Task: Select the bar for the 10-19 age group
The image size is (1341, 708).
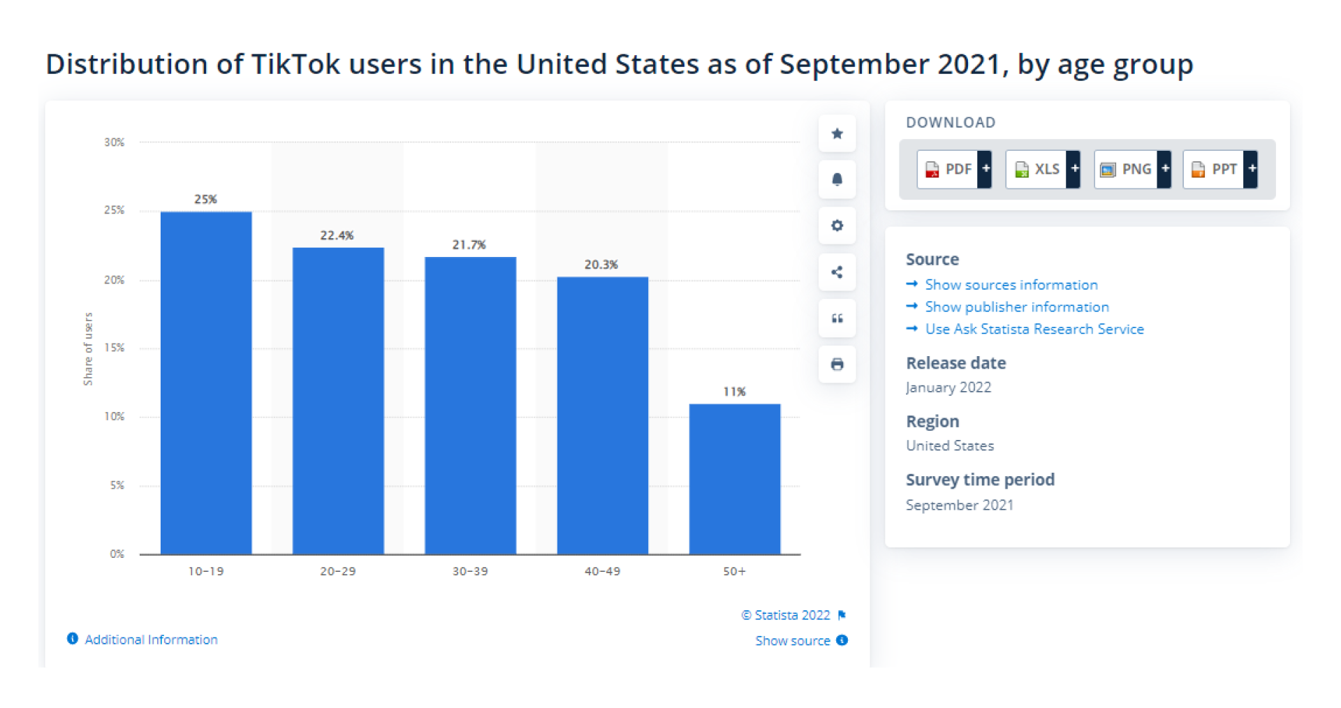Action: click(206, 383)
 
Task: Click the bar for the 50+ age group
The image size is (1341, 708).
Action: click(735, 479)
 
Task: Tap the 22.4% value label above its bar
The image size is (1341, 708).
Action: click(337, 235)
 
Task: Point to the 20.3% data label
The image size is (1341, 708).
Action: click(601, 265)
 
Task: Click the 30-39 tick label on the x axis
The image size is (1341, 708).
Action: click(470, 571)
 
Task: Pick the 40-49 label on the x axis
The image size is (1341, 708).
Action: click(602, 571)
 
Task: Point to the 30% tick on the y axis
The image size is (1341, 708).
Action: click(115, 142)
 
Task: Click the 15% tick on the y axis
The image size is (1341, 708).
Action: click(115, 348)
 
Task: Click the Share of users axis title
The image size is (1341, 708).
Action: click(88, 348)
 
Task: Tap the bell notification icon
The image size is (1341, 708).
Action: click(837, 179)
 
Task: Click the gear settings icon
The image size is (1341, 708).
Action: click(837, 226)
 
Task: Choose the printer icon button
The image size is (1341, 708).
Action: click(837, 364)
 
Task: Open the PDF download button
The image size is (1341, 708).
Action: click(953, 169)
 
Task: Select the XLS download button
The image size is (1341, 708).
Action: click(1042, 169)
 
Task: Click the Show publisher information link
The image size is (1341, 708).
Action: click(1016, 307)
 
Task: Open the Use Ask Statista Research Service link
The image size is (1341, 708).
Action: click(1034, 329)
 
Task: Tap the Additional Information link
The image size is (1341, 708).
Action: click(150, 640)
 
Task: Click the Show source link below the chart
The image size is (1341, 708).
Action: click(793, 641)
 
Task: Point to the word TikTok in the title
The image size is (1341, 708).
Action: click(295, 64)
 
